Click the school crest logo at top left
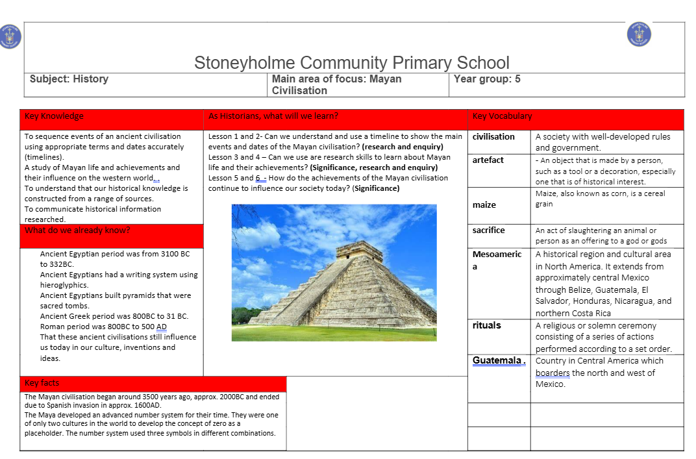pyautogui.click(x=10, y=36)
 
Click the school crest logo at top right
pyautogui.click(x=639, y=34)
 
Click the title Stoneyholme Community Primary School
pyautogui.click(x=352, y=63)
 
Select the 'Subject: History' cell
pyautogui.click(x=69, y=79)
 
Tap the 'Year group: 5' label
pyautogui.click(x=487, y=79)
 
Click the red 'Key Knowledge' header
pyautogui.click(x=55, y=116)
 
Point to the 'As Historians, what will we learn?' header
pyautogui.click(x=273, y=116)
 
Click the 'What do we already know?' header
pyautogui.click(x=68, y=230)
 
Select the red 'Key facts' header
pyautogui.click(x=42, y=383)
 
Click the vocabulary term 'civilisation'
pyautogui.click(x=493, y=137)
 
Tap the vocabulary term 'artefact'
pyautogui.click(x=488, y=160)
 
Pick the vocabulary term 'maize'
pyautogui.click(x=484, y=205)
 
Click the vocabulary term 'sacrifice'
pyautogui.click(x=489, y=230)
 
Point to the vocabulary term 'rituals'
pyautogui.click(x=487, y=326)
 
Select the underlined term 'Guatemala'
pyautogui.click(x=497, y=361)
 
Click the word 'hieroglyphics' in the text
pyautogui.click(x=64, y=285)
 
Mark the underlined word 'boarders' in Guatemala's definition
pyautogui.click(x=552, y=373)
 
